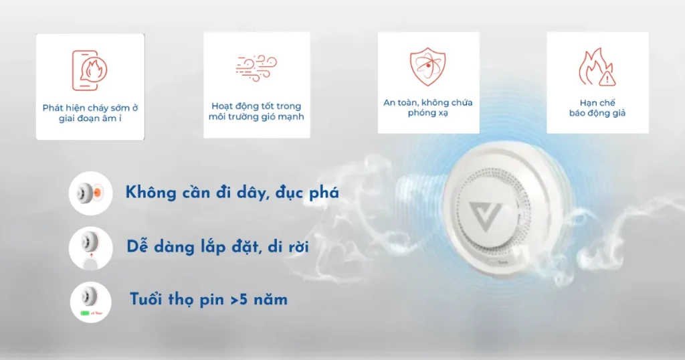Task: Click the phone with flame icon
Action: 90,70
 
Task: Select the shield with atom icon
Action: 427,66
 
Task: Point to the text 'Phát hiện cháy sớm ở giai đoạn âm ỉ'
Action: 90,112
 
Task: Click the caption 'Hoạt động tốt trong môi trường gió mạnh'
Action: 256,111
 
